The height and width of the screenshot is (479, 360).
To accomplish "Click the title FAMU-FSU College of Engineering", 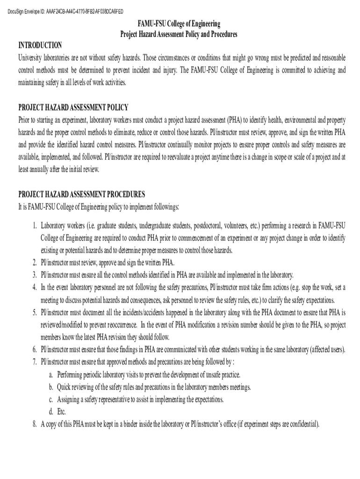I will pos(179,24).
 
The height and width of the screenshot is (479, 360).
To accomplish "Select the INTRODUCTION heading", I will pos(40,45).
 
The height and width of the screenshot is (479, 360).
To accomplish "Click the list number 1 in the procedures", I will pos(35,225).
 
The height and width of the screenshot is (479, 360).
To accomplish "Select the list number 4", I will pos(35,287).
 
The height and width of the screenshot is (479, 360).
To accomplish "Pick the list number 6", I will pos(35,349).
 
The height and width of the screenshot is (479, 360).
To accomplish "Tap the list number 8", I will pos(35,424).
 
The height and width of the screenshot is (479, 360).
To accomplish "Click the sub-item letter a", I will pos(50,375).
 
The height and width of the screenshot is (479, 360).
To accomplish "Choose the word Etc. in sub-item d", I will pos(62,412).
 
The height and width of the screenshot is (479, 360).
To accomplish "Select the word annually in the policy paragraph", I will pos(43,170).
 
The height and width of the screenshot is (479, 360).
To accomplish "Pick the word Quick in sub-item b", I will pos(65,387).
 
